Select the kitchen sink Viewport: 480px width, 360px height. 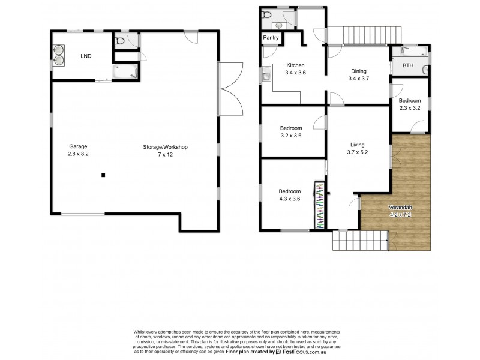coord(266,76)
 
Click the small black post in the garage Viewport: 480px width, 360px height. coord(103,175)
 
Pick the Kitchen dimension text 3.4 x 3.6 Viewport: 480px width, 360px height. coord(295,73)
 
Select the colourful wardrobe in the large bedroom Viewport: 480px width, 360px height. coord(319,205)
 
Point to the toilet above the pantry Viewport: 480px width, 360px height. coord(268,14)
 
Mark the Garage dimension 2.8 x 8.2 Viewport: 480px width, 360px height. coord(78,154)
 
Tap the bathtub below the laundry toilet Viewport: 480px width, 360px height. coord(125,71)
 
